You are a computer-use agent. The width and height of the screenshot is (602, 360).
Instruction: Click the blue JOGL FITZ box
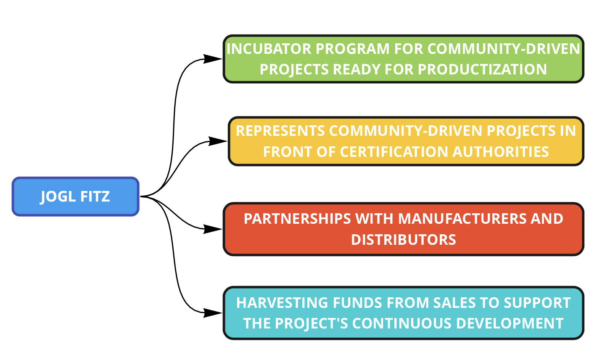(76, 196)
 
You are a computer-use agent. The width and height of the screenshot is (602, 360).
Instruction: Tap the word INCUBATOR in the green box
(269, 49)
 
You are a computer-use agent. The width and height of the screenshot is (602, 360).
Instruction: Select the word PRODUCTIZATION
(483, 69)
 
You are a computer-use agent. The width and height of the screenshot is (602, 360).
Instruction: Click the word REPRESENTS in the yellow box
(280, 131)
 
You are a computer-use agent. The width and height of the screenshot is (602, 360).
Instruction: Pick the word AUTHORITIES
(501, 152)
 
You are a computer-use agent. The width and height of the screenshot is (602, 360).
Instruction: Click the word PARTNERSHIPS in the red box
(297, 219)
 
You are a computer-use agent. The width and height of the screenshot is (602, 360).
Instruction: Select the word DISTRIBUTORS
(404, 240)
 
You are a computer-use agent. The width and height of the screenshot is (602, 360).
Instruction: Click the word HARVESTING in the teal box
(282, 303)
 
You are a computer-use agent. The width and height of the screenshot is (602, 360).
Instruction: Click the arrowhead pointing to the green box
(213, 59)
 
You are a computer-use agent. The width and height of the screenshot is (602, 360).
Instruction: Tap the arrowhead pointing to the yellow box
(218, 141)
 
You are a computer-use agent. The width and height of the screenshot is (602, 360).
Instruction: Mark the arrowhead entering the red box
(213, 229)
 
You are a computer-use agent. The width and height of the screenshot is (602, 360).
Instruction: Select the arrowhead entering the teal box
(213, 313)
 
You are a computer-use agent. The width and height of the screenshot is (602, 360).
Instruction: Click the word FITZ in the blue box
(95, 196)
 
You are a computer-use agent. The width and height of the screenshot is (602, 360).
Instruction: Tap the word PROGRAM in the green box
(353, 49)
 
